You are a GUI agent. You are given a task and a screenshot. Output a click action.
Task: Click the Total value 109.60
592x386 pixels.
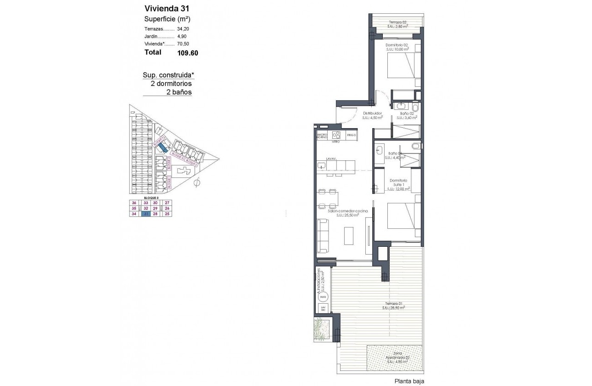pos(188,53)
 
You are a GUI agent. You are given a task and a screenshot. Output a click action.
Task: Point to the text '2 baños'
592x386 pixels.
pos(179,92)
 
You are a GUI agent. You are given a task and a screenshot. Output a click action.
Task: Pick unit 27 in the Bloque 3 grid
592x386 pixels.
pos(168,203)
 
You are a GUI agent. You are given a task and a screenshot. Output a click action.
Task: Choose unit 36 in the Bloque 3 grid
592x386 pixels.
pos(134,203)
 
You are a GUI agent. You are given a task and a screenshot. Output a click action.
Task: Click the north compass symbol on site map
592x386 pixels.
pos(197,183)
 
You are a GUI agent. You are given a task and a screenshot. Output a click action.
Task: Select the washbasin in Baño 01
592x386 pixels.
pos(379,151)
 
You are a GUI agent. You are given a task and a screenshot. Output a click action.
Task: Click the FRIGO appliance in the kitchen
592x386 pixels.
pos(352,135)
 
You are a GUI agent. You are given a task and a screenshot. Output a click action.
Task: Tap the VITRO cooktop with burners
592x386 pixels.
pos(336,135)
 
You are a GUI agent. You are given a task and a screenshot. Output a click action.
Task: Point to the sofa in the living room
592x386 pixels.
pos(323,235)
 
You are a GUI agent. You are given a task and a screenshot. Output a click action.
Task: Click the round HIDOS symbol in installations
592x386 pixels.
pos(323,297)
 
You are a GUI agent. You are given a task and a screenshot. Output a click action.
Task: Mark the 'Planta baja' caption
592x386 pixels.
pos(409,381)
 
